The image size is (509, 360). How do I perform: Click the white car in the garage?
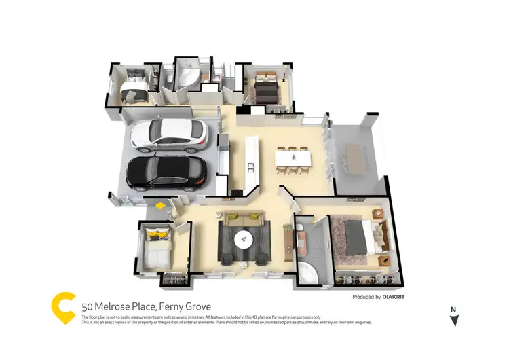pyautogui.click(x=169, y=134)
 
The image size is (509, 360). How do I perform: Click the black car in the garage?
pyautogui.click(x=167, y=173)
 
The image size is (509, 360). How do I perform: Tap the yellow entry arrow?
pyautogui.click(x=160, y=204)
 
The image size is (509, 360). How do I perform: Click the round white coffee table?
pyautogui.click(x=244, y=238)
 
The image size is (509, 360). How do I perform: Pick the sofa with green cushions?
pyautogui.click(x=244, y=219)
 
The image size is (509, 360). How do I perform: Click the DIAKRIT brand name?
pyautogui.click(x=400, y=297)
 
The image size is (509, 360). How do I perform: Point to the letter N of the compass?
pyautogui.click(x=453, y=310)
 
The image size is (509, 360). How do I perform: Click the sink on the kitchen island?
pyautogui.click(x=250, y=165)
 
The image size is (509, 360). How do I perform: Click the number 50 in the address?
pyautogui.click(x=87, y=307)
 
